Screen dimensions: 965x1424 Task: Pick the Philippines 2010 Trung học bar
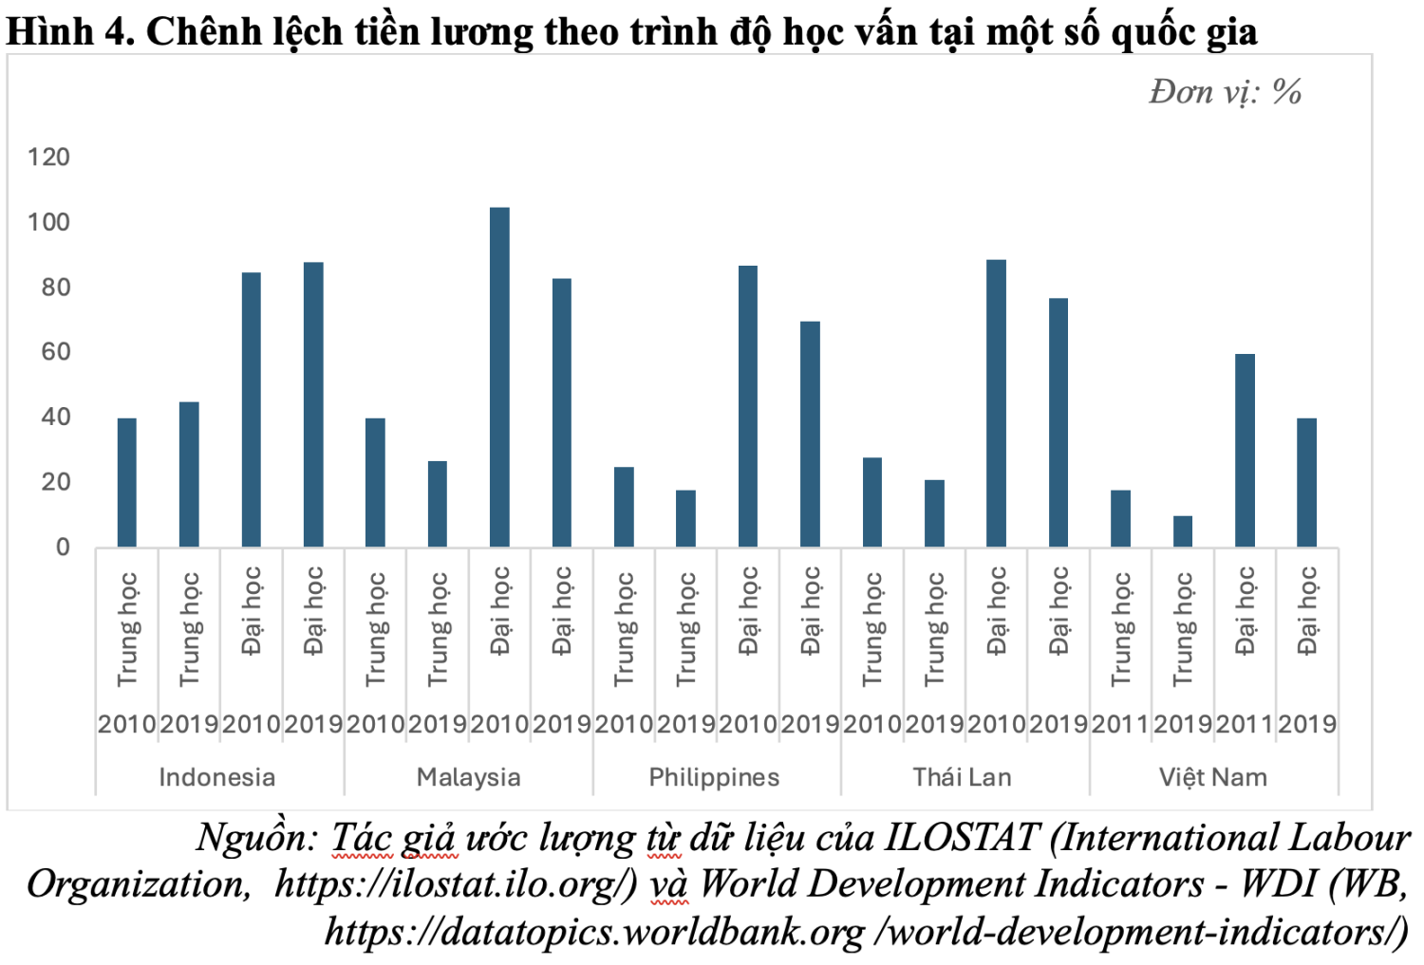(624, 507)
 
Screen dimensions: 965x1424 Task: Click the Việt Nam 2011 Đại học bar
(1245, 451)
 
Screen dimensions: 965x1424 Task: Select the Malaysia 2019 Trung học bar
(438, 504)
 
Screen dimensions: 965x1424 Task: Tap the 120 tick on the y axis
(48, 158)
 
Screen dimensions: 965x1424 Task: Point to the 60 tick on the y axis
(55, 352)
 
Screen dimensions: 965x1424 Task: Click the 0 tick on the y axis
(63, 547)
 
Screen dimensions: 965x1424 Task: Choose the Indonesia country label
(216, 778)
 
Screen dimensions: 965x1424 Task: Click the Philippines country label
(714, 778)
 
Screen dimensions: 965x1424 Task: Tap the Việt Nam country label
(1212, 778)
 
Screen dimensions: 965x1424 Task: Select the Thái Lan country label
(962, 778)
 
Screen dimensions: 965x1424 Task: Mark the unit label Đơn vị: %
(1225, 92)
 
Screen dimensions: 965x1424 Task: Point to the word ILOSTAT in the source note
(962, 838)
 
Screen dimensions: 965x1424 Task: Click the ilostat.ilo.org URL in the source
(456, 884)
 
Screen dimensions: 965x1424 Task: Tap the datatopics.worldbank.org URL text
(595, 932)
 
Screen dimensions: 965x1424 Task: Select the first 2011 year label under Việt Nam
(1120, 725)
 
